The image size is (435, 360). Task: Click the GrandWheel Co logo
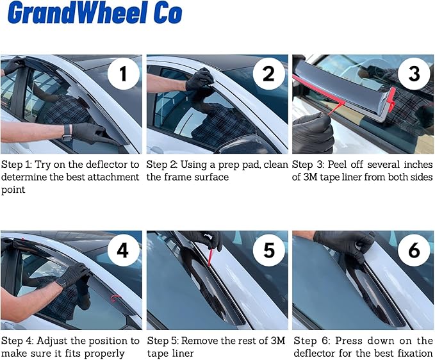click(x=94, y=14)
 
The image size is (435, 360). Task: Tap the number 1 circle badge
click(x=122, y=76)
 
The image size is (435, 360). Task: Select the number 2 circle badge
click(x=269, y=76)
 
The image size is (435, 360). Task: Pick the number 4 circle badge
click(x=122, y=250)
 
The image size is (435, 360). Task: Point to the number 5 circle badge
click(x=269, y=250)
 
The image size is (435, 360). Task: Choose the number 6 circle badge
click(x=414, y=250)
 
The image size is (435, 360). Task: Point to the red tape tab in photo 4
click(x=115, y=298)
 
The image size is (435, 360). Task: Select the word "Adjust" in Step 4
click(x=60, y=341)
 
